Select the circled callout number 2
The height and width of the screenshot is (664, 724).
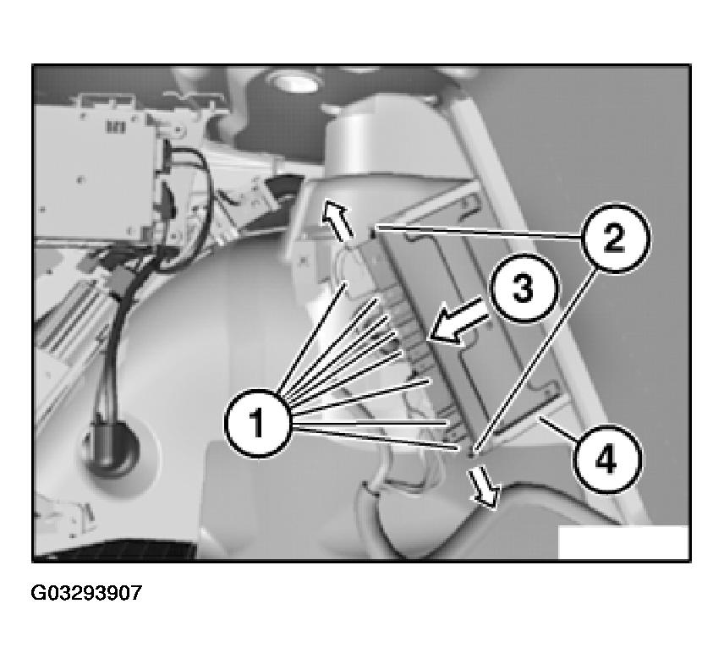[615, 238]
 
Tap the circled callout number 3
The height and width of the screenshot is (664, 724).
[524, 288]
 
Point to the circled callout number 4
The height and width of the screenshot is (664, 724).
[606, 459]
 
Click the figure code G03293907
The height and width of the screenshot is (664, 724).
[86, 592]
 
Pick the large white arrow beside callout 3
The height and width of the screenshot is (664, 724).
[459, 321]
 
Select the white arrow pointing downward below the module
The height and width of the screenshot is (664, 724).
[485, 486]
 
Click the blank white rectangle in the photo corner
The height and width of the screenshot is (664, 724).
[623, 541]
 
